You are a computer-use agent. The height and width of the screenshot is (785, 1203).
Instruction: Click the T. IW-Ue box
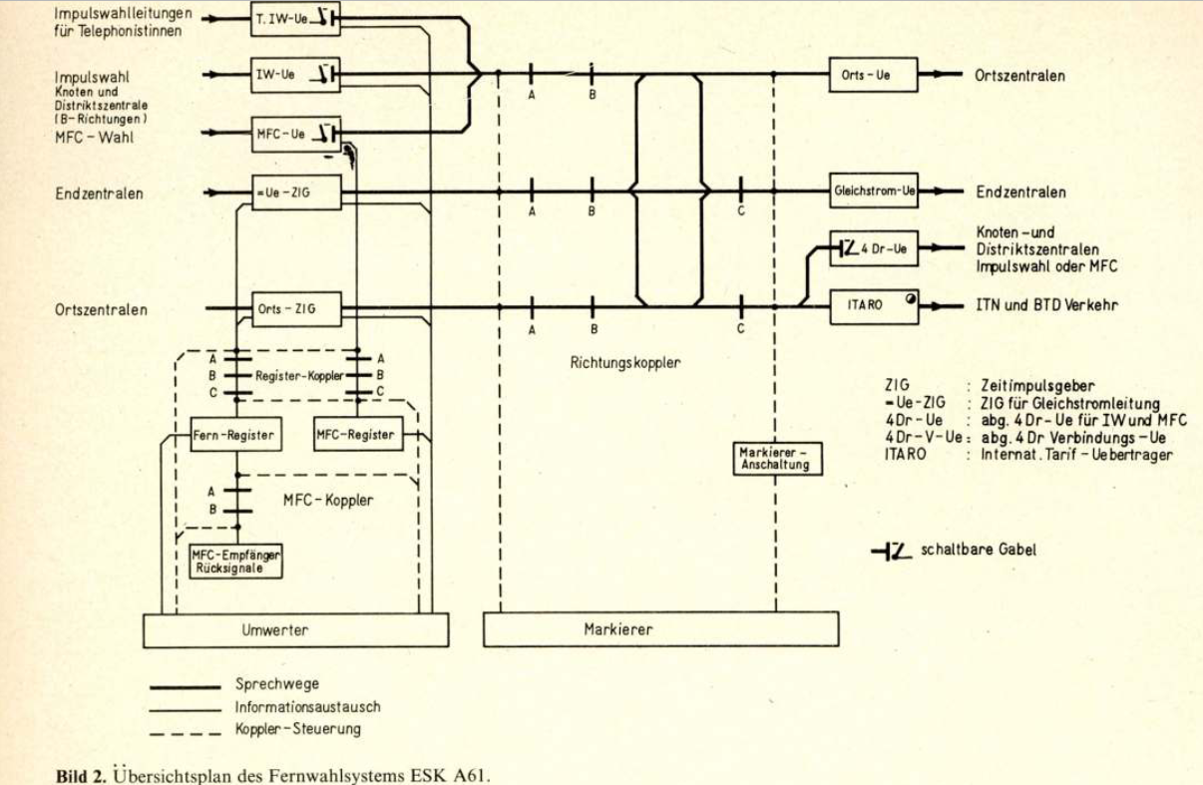[295, 20]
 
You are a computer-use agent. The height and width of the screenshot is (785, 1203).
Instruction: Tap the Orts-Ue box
[873, 75]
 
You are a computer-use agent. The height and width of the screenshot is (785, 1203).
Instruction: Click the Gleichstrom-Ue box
[875, 192]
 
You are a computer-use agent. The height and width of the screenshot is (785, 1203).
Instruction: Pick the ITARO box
[875, 305]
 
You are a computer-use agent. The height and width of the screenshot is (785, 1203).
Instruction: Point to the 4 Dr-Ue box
[875, 248]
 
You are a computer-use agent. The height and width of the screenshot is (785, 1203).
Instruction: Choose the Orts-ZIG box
[295, 309]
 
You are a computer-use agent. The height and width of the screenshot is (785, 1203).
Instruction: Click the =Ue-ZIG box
[295, 192]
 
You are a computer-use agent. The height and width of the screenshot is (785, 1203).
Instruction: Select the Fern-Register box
[233, 435]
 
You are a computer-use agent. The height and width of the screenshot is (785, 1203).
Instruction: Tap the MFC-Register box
[354, 435]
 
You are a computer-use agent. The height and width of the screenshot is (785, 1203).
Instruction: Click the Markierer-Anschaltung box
[778, 459]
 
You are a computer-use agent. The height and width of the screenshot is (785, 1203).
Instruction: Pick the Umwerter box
[295, 630]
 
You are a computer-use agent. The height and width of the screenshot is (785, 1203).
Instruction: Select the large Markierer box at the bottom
[660, 630]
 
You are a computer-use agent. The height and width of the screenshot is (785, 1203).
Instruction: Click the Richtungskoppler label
[625, 364]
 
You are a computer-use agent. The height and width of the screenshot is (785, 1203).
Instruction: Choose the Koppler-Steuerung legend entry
[297, 729]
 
